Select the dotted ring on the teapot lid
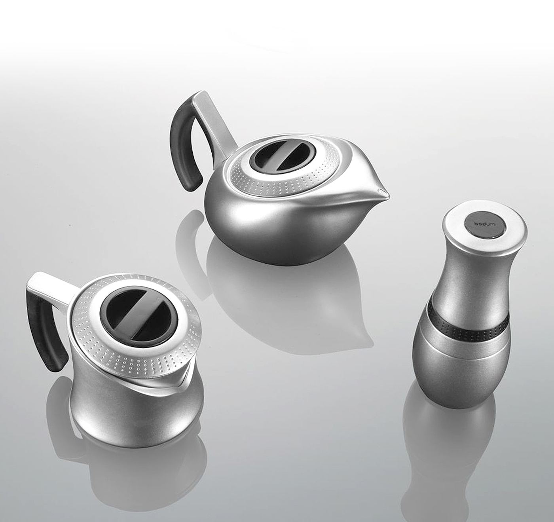[x=282, y=178]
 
